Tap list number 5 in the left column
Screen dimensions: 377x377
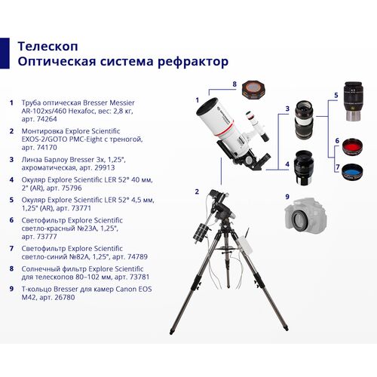point(11,199)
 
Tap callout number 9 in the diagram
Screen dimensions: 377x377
point(287,197)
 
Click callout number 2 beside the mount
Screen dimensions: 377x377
point(197,192)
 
